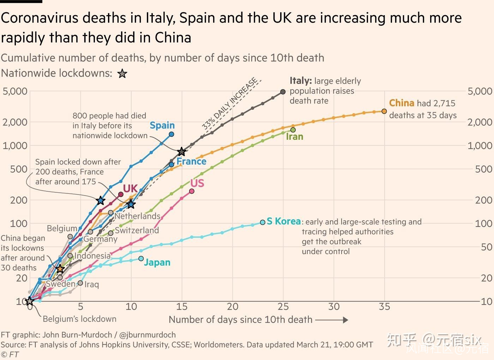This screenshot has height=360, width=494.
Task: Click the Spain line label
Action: tap(162, 125)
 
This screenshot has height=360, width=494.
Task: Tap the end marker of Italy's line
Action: tap(283, 92)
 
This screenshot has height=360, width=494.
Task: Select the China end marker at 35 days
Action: tap(384, 111)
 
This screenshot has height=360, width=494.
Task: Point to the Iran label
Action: tap(294, 137)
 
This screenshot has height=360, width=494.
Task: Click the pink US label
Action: tap(197, 183)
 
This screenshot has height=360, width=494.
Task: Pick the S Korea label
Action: tap(284, 221)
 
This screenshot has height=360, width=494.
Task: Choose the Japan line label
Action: tap(157, 263)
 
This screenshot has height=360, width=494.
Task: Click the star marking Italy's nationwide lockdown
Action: tap(182, 152)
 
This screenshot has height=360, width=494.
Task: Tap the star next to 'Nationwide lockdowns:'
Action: tap(122, 74)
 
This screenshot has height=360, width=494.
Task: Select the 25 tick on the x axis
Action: tap(283, 306)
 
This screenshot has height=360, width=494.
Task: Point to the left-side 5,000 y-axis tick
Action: tap(15, 91)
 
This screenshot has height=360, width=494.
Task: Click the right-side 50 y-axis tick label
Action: tap(487, 247)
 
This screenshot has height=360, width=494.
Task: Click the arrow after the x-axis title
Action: tap(331, 320)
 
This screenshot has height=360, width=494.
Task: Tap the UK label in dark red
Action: tap(130, 188)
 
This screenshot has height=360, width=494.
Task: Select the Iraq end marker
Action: tap(80, 283)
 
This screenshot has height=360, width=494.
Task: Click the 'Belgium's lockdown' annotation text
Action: tap(79, 319)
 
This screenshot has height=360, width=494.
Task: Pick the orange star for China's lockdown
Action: tap(60, 269)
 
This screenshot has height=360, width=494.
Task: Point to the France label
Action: tap(191, 162)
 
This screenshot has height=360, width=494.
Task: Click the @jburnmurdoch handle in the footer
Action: tap(147, 335)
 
